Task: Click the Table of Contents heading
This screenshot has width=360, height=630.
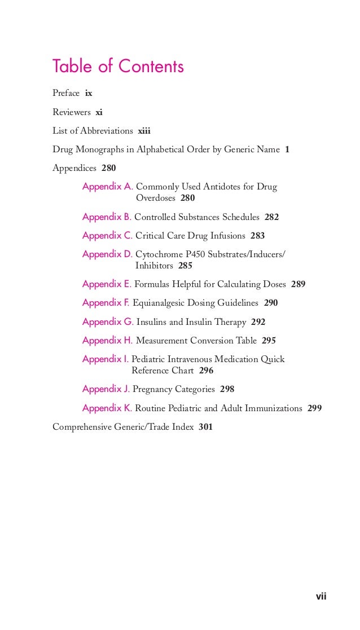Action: [118, 67]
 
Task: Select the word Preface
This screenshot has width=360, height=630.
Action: [66, 93]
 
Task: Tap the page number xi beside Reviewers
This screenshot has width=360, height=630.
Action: [99, 112]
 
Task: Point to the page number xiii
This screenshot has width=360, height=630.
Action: [144, 131]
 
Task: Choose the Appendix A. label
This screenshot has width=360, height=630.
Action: [107, 187]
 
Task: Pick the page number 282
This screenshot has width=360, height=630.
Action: [271, 217]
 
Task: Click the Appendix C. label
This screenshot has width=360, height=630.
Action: [107, 236]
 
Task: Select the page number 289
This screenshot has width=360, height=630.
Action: [298, 284]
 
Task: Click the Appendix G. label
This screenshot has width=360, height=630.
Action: [107, 322]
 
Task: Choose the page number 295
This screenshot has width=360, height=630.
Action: [269, 341]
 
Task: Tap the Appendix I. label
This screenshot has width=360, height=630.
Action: [106, 359]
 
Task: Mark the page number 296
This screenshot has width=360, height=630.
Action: [206, 371]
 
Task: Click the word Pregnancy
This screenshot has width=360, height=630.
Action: [153, 389]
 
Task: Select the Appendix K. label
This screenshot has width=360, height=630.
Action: [107, 408]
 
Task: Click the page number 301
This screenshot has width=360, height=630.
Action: [205, 427]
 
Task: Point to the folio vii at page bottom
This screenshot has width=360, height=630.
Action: [321, 596]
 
